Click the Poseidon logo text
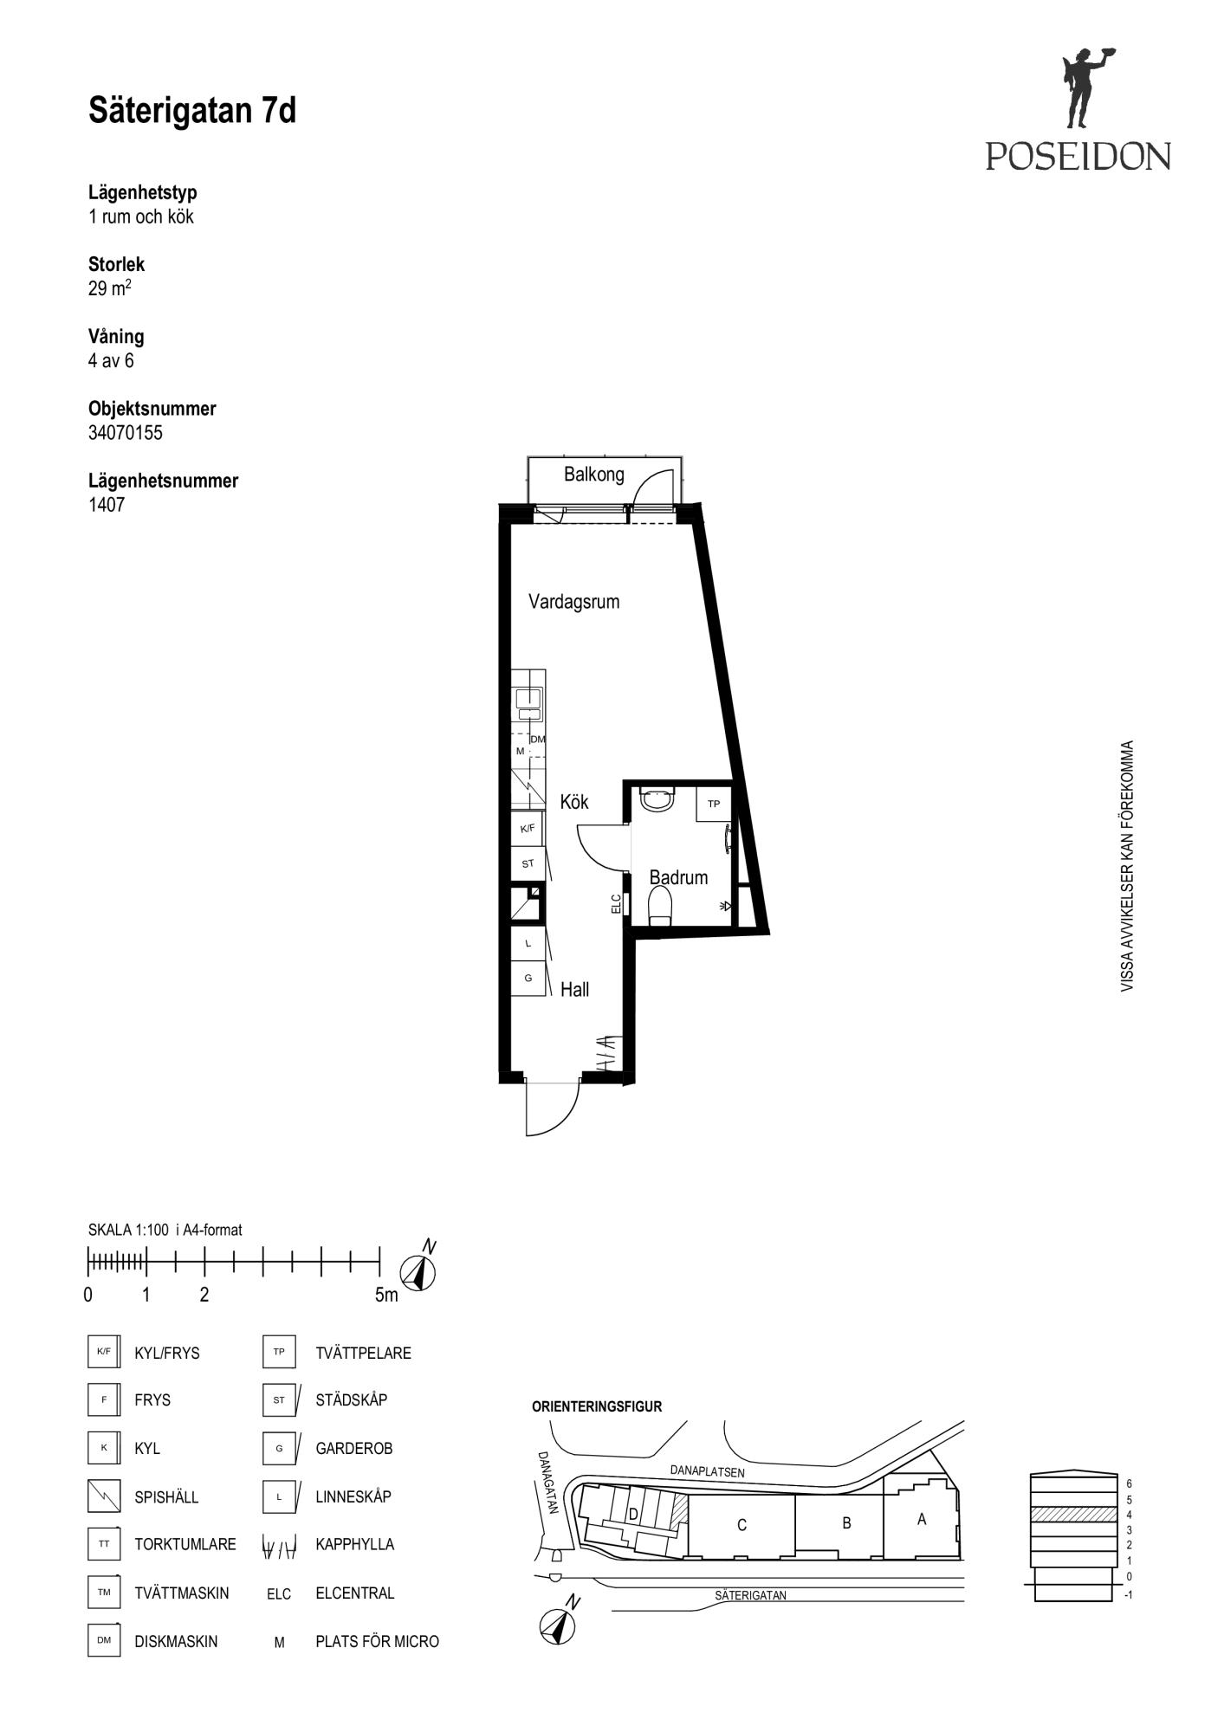(x=1078, y=156)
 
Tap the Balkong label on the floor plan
(x=593, y=474)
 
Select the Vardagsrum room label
(x=574, y=602)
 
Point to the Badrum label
(x=678, y=877)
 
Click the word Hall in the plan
(x=575, y=989)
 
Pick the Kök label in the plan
(x=574, y=802)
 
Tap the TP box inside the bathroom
(x=714, y=804)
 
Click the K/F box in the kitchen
(x=528, y=828)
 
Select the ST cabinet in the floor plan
(x=528, y=863)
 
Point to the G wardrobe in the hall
(x=528, y=979)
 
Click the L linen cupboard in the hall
(x=528, y=943)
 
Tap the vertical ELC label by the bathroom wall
(x=616, y=904)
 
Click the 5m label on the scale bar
(x=386, y=1296)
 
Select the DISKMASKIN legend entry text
(x=176, y=1642)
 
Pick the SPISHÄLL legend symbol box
(x=104, y=1496)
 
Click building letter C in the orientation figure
(x=742, y=1525)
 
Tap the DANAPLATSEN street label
(x=707, y=1470)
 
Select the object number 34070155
(x=126, y=433)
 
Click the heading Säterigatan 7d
(x=192, y=111)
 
